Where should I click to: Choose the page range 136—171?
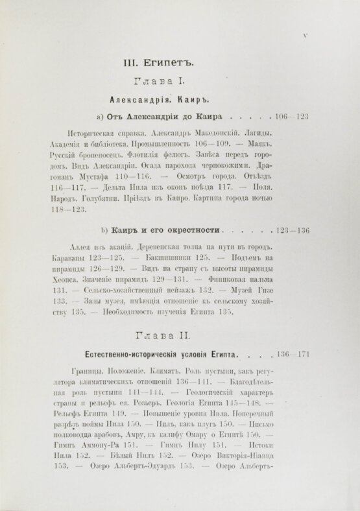[x=293, y=355]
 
